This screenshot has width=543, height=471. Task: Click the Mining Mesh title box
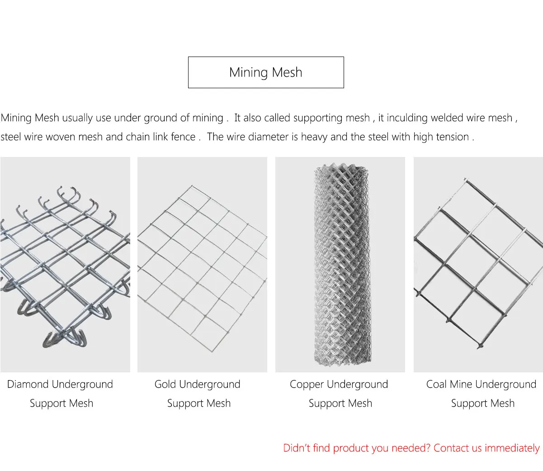pyautogui.click(x=266, y=72)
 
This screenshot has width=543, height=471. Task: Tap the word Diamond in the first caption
pyautogui.click(x=28, y=385)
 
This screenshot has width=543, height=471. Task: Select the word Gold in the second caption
pyautogui.click(x=165, y=385)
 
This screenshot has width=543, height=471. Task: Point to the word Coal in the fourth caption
pyautogui.click(x=436, y=385)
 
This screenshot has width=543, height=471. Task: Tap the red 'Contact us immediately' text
pyautogui.click(x=486, y=448)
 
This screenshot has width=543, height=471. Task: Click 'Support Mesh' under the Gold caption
pyautogui.click(x=199, y=404)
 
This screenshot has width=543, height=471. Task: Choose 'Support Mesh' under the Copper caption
pyautogui.click(x=340, y=404)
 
